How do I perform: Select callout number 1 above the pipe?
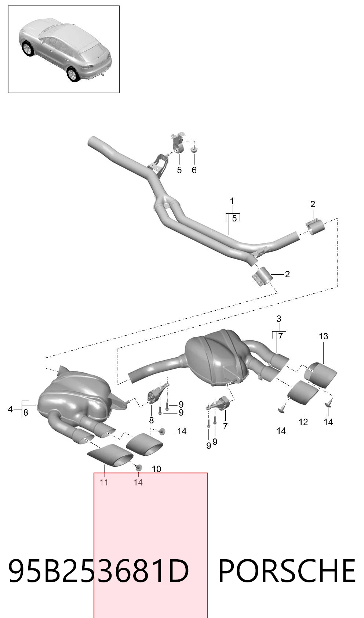[232, 201]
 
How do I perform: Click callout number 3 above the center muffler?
[279, 319]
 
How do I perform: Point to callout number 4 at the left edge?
[11, 409]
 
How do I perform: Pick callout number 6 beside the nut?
[194, 170]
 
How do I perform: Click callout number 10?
[156, 469]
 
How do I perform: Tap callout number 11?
[104, 482]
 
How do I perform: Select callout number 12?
[303, 422]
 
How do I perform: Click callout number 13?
[324, 336]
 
